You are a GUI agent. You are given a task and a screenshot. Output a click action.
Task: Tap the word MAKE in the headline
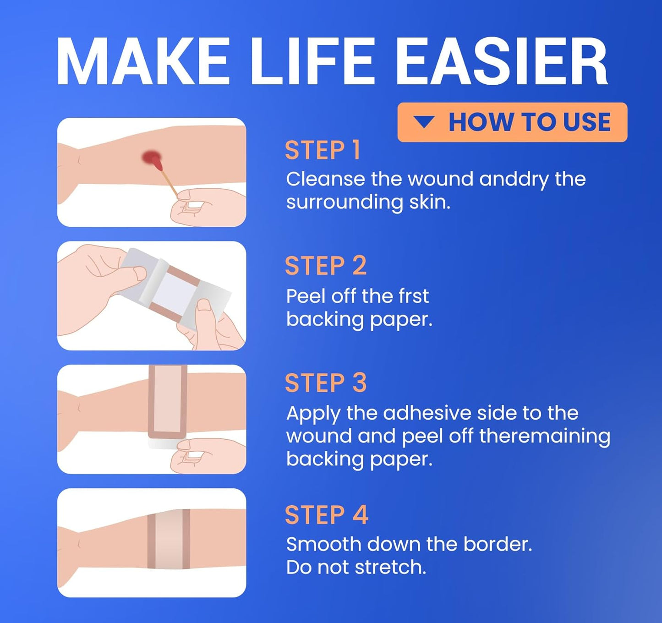(142, 62)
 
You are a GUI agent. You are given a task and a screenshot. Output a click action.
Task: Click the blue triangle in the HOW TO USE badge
(424, 122)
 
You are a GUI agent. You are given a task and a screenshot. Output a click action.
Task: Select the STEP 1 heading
(323, 151)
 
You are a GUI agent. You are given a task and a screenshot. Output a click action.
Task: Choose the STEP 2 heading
(326, 266)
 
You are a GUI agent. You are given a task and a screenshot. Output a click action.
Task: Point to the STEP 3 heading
(326, 383)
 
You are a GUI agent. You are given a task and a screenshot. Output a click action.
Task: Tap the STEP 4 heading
(326, 515)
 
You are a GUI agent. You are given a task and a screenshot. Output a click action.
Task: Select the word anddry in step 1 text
(514, 179)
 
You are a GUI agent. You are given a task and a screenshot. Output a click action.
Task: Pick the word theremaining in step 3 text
(545, 436)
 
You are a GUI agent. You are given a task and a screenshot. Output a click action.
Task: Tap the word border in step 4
(497, 544)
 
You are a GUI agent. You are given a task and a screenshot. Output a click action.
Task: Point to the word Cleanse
(325, 179)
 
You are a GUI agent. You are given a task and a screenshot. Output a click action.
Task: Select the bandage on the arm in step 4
(169, 539)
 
